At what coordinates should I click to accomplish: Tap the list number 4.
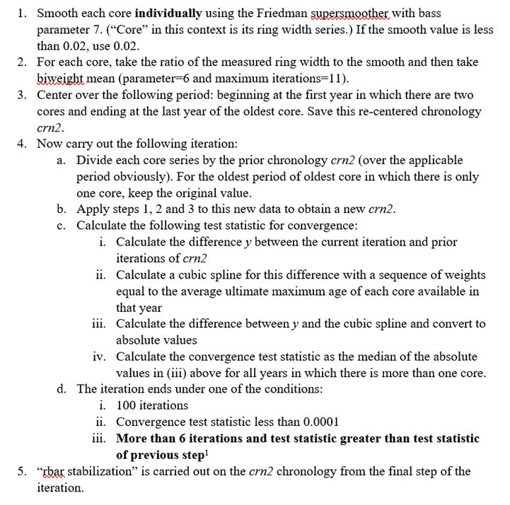(x=22, y=144)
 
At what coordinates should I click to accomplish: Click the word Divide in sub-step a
(x=95, y=160)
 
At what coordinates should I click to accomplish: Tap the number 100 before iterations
(x=127, y=405)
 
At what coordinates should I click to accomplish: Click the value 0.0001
(x=320, y=422)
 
